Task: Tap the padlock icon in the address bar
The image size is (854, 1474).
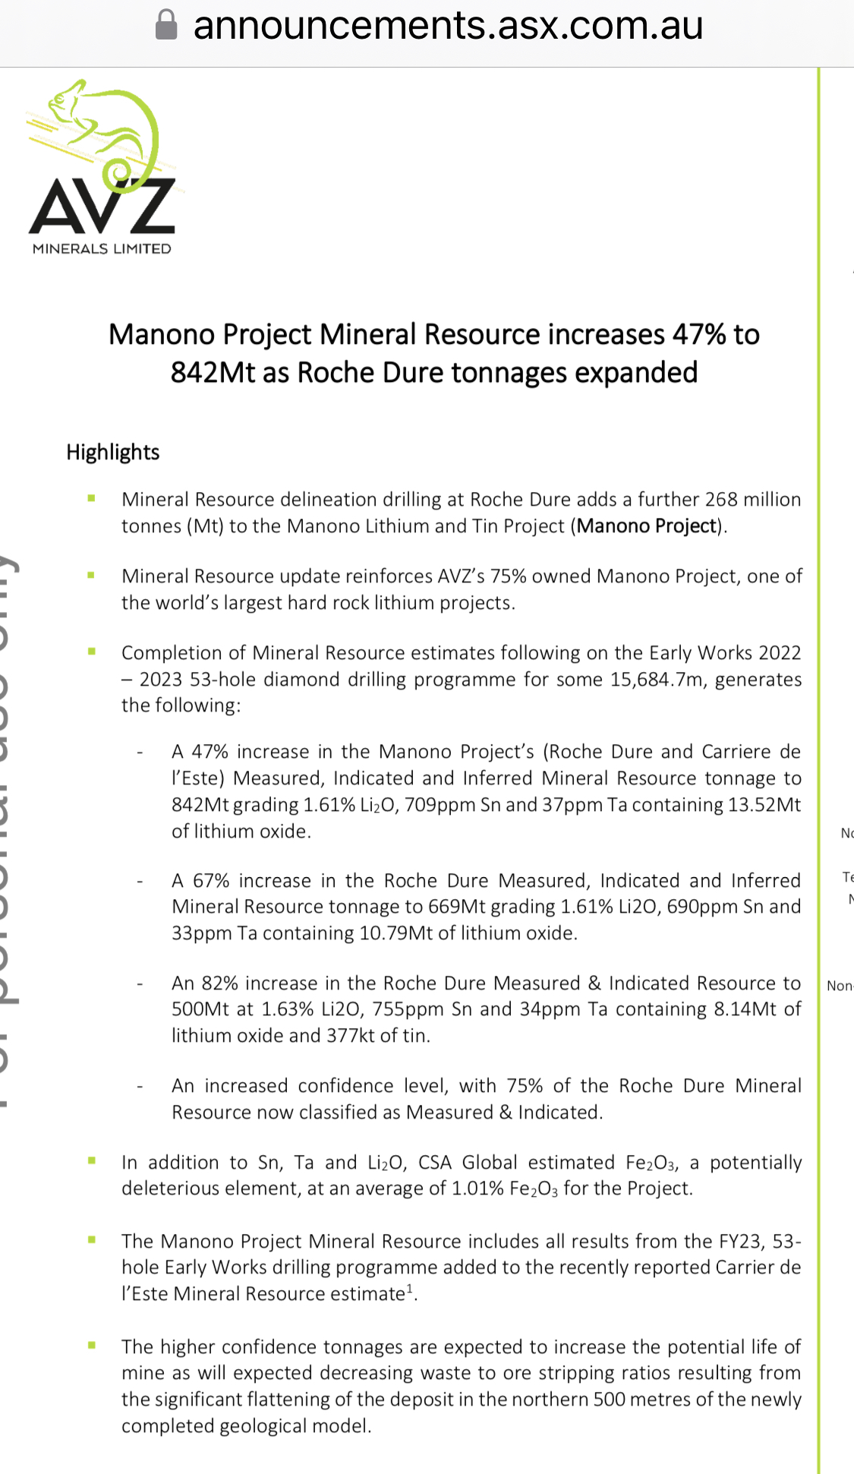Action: [166, 25]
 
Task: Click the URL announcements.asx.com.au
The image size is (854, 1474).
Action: [448, 25]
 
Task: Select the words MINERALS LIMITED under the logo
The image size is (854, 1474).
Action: [102, 248]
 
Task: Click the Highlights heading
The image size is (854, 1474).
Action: [113, 452]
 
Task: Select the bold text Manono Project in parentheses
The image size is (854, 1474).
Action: [647, 526]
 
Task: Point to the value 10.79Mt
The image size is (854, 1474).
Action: [395, 933]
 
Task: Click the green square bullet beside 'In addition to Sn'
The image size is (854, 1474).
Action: [92, 1160]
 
